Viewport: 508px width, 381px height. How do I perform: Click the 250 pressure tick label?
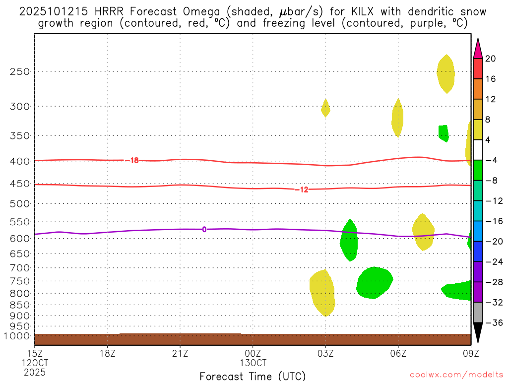click(x=20, y=71)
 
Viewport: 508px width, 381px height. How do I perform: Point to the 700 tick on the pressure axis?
click(x=20, y=268)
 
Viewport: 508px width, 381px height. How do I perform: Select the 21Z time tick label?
click(x=180, y=354)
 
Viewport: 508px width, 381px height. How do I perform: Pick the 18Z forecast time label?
click(x=108, y=354)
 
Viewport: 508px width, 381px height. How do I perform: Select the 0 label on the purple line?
click(x=204, y=229)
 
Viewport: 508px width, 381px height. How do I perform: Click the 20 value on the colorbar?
click(x=490, y=59)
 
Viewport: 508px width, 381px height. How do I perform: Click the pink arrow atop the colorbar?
click(x=478, y=49)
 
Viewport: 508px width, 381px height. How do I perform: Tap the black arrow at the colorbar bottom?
click(x=478, y=333)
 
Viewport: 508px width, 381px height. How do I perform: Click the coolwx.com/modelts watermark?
click(x=456, y=374)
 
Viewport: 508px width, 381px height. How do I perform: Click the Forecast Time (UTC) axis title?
click(x=253, y=376)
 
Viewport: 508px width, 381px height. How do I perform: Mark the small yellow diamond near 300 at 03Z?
click(x=325, y=108)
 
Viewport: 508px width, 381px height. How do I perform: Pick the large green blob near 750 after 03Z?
click(x=374, y=283)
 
